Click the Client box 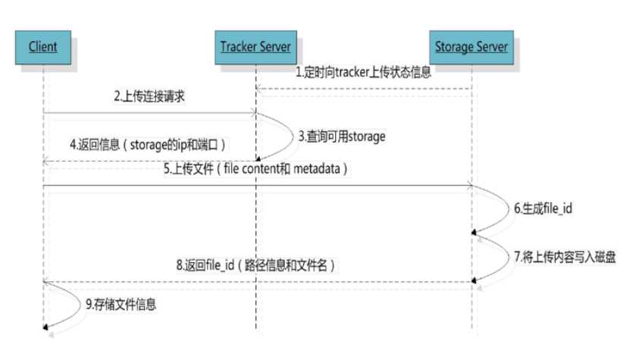pos(43,47)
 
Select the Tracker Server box pos(255,47)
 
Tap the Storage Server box pos(471,47)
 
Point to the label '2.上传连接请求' pos(150,98)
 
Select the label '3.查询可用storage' pos(343,137)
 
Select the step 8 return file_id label pos(256,265)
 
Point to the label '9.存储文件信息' pos(123,305)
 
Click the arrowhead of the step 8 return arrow pos(47,281)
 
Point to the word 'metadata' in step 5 pos(319,169)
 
